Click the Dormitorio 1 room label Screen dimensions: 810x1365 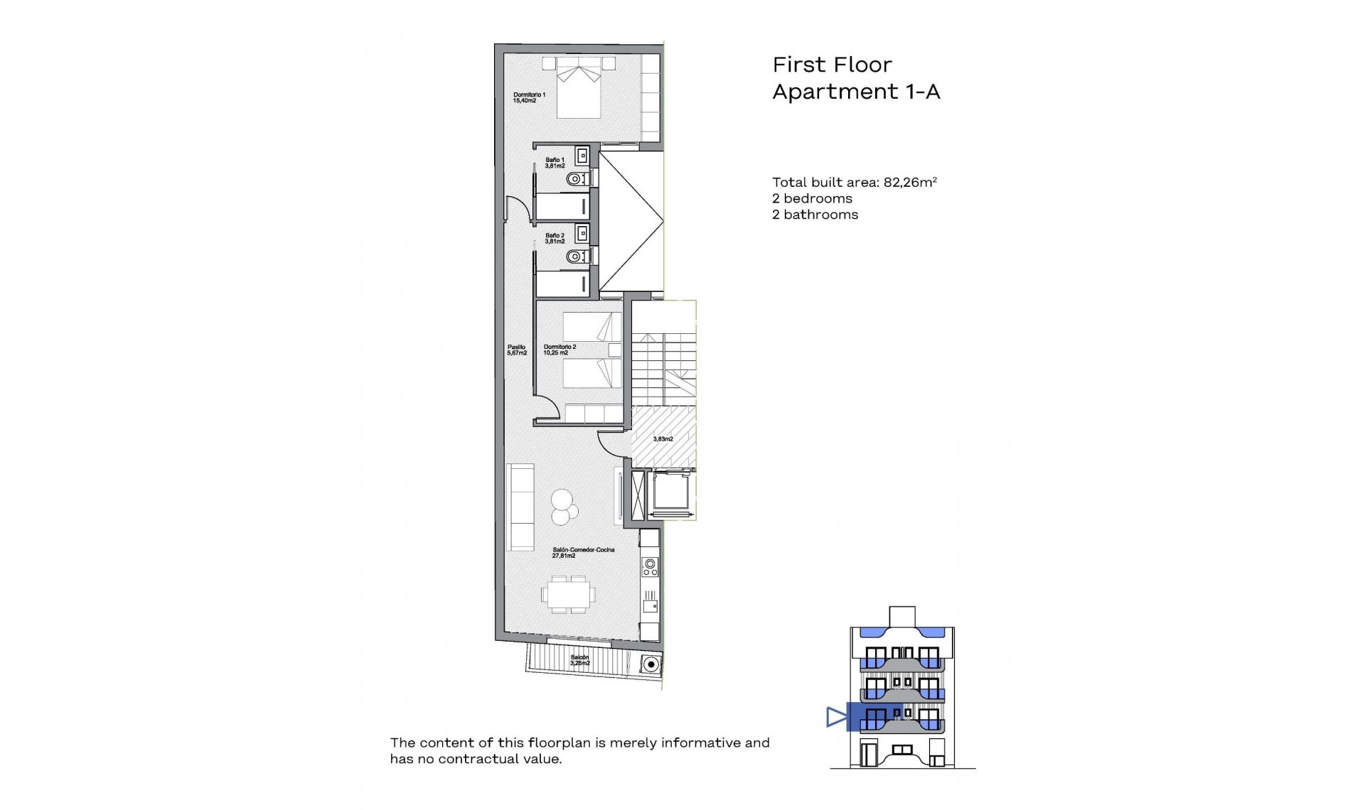[x=529, y=97]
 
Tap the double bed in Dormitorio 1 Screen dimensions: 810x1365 [x=579, y=89]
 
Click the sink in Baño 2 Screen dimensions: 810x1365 [x=582, y=232]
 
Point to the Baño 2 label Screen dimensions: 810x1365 [x=555, y=238]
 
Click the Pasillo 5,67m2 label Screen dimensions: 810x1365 [x=517, y=350]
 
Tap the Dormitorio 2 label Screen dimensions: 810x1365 [x=560, y=350]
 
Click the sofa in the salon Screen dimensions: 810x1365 [x=520, y=507]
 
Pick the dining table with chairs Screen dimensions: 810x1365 [x=567, y=595]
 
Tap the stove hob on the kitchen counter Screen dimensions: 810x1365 [x=650, y=566]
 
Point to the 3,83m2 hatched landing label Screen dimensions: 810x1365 [x=663, y=439]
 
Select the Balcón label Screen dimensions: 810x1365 [x=579, y=660]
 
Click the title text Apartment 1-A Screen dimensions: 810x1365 [x=856, y=92]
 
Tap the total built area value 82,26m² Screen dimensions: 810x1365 [x=910, y=182]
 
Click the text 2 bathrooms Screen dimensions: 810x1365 [x=815, y=215]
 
